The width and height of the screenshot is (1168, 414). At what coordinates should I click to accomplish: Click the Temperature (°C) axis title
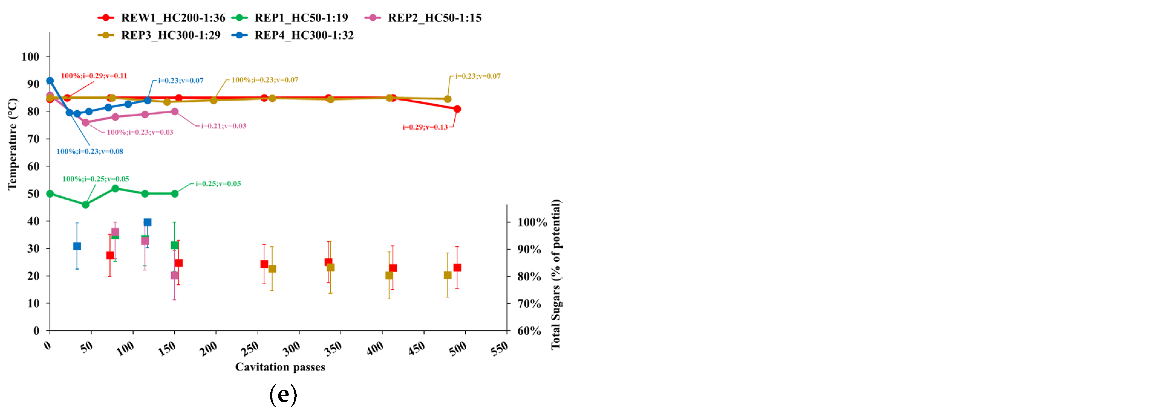(x=12, y=144)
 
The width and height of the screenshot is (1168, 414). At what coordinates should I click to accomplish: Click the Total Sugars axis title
(x=556, y=274)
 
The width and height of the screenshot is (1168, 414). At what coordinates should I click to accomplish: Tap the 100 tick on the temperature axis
(x=30, y=57)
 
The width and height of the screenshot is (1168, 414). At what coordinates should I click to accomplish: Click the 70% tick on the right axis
(x=529, y=303)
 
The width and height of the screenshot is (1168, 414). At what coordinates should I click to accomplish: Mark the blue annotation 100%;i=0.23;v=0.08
(x=90, y=151)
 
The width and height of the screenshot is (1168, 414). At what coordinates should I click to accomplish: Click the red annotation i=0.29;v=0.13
(x=425, y=127)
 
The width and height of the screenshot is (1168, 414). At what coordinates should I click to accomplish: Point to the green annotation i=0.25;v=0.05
(x=218, y=183)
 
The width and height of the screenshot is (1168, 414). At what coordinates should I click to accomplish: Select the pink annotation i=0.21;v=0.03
(x=223, y=126)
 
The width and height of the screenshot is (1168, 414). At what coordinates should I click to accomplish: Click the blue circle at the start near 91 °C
(x=50, y=81)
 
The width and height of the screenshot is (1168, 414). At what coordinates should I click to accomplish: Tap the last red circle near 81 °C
(x=457, y=109)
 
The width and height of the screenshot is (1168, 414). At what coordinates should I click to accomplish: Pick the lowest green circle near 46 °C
(x=85, y=205)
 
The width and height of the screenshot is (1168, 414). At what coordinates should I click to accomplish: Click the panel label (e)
(x=283, y=395)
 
